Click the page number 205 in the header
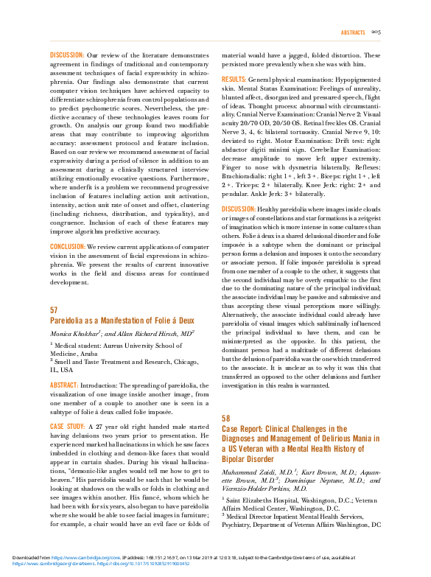(376, 33)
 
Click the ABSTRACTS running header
(354, 33)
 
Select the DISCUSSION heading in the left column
(66, 55)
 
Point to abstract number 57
(54, 311)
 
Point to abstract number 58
(226, 418)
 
